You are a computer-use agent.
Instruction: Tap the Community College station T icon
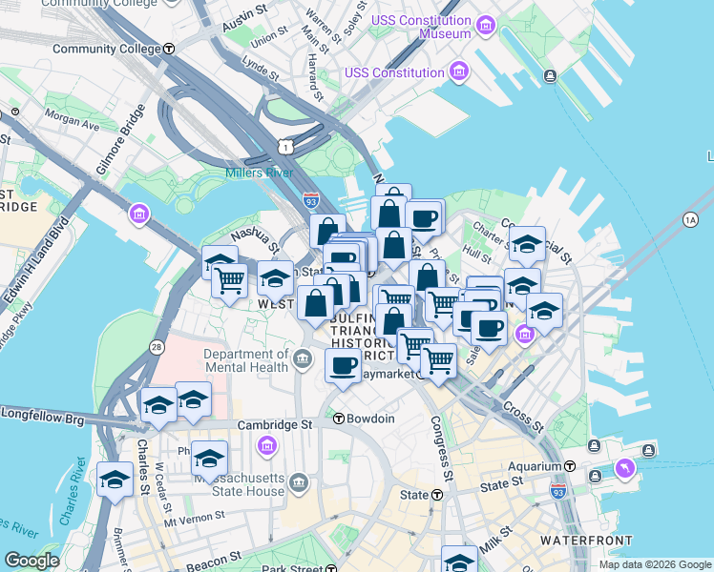(169, 49)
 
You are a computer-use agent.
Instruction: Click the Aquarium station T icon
(570, 466)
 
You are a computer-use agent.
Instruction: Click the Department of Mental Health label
(245, 360)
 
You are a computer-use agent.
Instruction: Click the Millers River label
(258, 173)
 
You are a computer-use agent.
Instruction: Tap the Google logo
(32, 561)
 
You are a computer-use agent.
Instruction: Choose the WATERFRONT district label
(586, 541)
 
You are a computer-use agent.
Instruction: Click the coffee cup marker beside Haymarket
(343, 364)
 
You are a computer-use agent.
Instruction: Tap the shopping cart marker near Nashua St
(230, 281)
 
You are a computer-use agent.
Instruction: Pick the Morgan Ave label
(72, 122)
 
